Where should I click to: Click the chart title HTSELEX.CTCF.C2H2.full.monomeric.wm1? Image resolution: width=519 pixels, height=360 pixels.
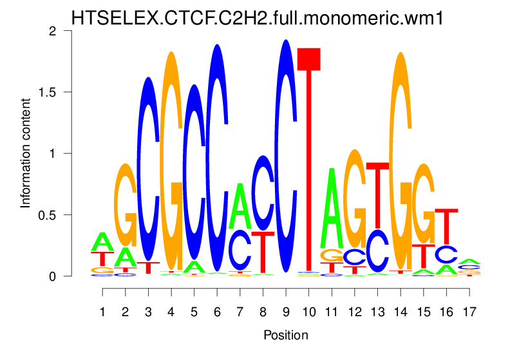pos(257,18)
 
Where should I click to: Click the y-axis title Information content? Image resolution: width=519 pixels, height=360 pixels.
pos(26,153)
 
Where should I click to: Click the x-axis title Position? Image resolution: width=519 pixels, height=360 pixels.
pos(286,336)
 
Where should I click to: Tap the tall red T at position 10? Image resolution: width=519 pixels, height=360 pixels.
pos(310,161)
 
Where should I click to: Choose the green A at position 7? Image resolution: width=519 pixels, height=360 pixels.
pos(240,206)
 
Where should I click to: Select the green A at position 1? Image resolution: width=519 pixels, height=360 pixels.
pos(102,242)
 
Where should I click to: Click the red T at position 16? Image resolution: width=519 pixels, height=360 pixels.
pos(446,225)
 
